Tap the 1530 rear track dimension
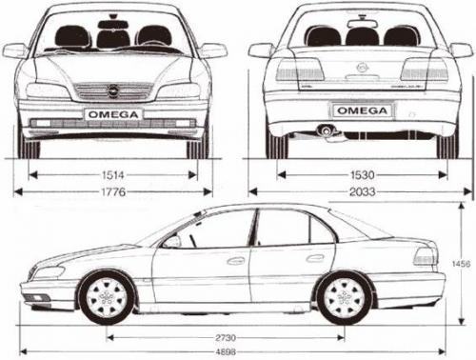[361, 175]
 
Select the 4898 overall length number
[226, 353]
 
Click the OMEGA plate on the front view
[113, 114]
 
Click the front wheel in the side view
[108, 296]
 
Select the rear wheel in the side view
[345, 296]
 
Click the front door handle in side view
[235, 260]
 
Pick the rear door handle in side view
[315, 258]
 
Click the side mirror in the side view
[172, 242]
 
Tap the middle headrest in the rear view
[362, 36]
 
